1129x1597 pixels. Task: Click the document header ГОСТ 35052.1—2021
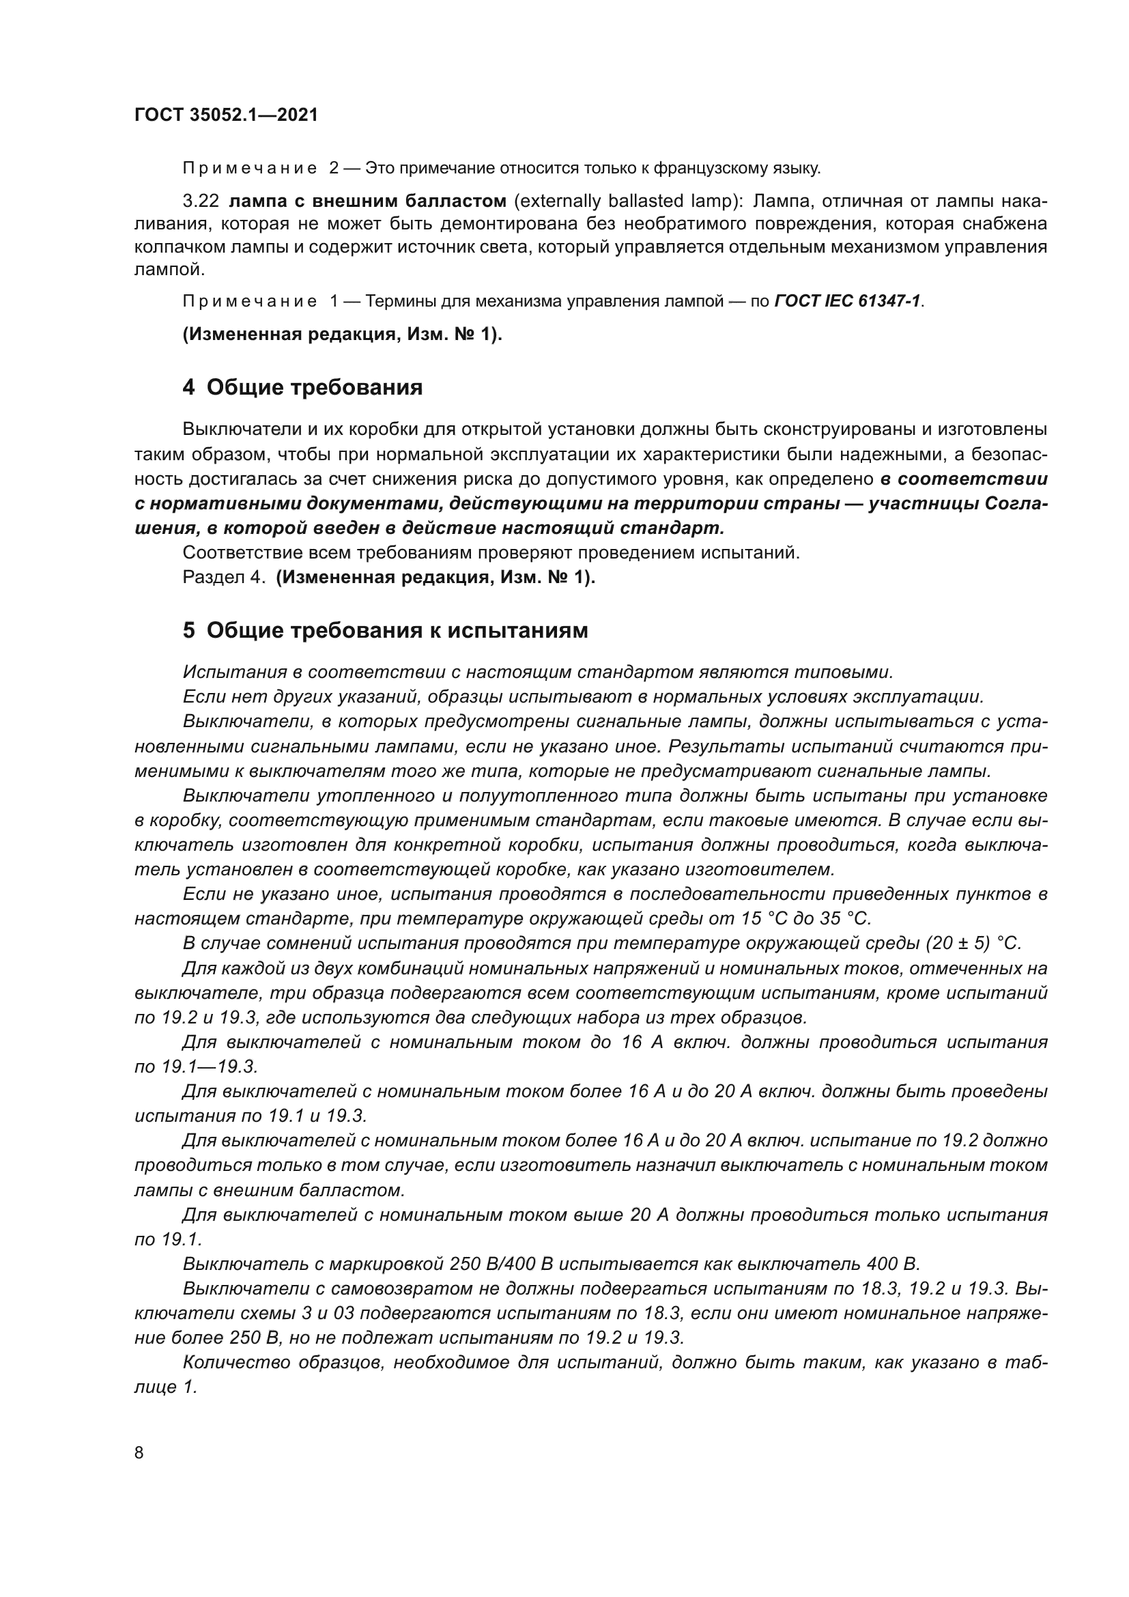coord(225,115)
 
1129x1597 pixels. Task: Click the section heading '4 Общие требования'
coord(302,387)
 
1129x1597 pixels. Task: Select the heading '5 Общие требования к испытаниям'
coord(385,630)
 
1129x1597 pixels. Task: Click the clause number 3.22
coord(200,201)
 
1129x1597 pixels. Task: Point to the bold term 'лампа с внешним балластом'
coord(367,201)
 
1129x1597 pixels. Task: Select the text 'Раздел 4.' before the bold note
coord(224,578)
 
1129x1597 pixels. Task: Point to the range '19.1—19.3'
coord(196,1066)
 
